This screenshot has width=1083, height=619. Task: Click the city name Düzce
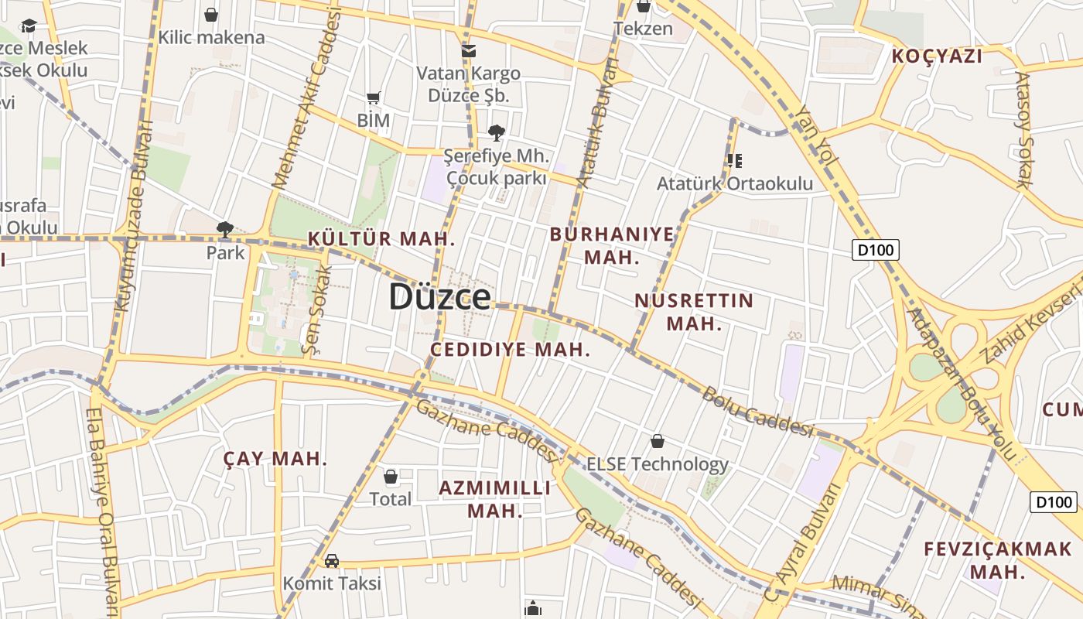[x=439, y=297]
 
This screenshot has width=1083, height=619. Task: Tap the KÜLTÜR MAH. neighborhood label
[x=381, y=239]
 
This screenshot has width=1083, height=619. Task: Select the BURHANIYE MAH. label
[x=612, y=245]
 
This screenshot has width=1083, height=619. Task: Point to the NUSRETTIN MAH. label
[x=694, y=312]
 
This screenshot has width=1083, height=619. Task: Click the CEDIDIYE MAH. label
[x=510, y=350]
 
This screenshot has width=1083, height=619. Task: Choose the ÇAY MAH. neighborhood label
[x=275, y=459]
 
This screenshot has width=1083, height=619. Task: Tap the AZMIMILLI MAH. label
[x=495, y=499]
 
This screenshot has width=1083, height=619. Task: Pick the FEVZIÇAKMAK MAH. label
[x=998, y=560]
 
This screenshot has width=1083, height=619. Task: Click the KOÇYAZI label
[x=937, y=56]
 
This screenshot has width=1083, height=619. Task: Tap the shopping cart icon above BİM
[x=374, y=98]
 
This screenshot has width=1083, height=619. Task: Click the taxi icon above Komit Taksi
[x=332, y=560]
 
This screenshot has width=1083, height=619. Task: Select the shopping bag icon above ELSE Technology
[x=658, y=441]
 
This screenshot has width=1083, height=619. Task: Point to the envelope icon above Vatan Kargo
[x=468, y=51]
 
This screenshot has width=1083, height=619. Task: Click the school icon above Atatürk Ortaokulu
[x=734, y=161]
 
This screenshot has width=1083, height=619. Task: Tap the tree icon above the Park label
[x=225, y=229]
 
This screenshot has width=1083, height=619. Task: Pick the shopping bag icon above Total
[x=391, y=476]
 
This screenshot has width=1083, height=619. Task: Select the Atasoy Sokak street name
[x=1023, y=130]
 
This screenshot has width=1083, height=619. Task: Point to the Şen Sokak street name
[x=318, y=310]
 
